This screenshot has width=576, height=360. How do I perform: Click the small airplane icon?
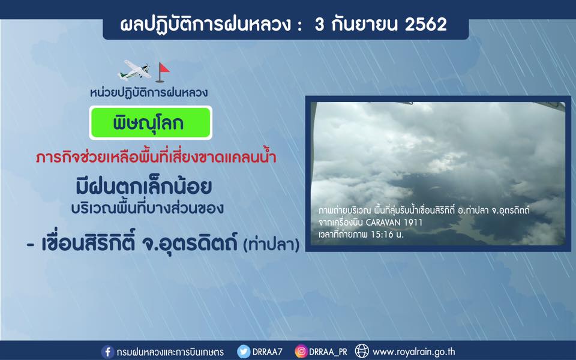(134, 70)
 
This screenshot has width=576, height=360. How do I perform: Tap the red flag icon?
(162, 72)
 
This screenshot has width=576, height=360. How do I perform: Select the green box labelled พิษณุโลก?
(151, 122)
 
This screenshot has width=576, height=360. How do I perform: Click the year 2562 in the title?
(426, 24)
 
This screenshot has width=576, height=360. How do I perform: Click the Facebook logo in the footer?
(107, 352)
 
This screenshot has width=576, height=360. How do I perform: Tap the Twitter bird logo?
(243, 352)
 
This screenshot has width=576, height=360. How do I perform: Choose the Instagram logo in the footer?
(301, 352)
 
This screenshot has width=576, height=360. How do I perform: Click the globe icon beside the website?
(362, 351)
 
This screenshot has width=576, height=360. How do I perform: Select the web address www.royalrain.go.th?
(413, 352)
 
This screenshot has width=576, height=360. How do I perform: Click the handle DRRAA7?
(267, 352)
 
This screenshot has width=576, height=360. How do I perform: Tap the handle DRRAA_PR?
(328, 352)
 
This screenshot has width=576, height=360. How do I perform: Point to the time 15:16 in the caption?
(382, 235)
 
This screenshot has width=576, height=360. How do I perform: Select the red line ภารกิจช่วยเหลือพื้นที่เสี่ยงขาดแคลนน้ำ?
(156, 157)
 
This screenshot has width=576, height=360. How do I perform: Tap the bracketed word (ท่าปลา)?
(271, 245)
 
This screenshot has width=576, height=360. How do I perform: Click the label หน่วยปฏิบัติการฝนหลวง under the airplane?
(149, 92)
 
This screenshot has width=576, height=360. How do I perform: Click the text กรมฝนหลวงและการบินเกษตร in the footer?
(170, 352)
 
